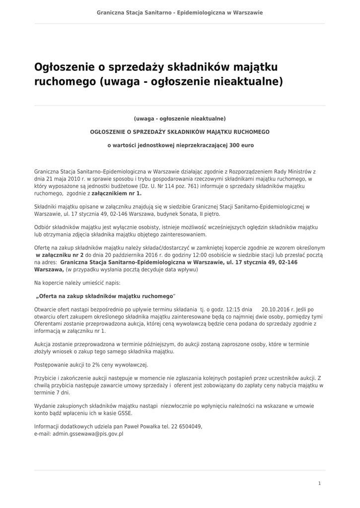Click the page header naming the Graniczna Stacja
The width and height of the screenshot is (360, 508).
coord(180,12)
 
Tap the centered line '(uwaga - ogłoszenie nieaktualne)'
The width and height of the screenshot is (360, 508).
coord(180,119)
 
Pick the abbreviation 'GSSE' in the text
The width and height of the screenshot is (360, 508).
coord(125,413)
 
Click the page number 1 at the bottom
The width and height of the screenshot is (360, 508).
coord(320,483)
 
